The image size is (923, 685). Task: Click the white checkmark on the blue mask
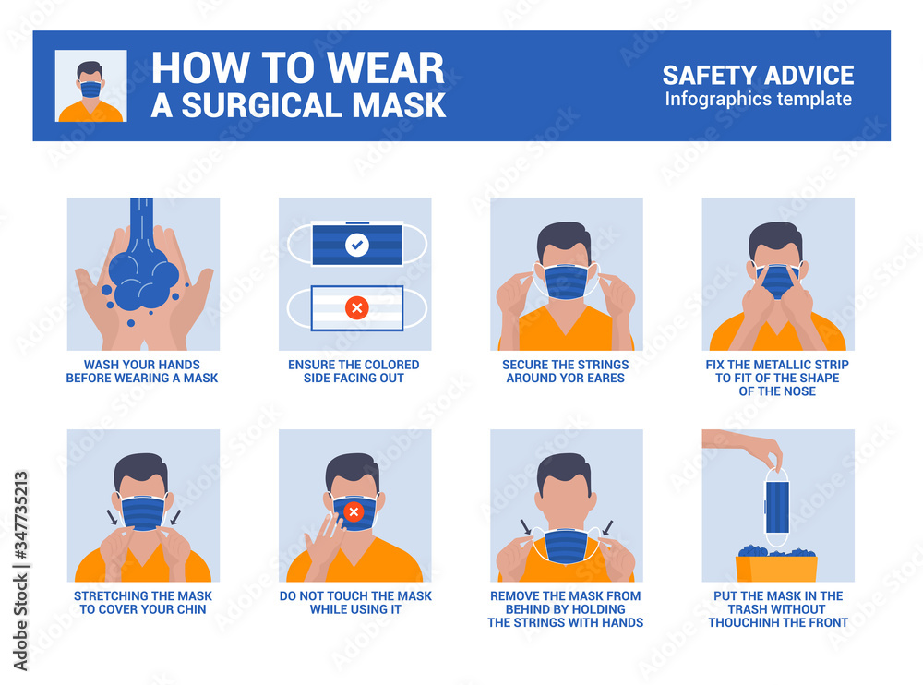point(355,246)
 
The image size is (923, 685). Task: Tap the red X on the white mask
point(355,309)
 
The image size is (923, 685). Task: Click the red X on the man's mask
point(353,512)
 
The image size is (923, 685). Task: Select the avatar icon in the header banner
point(90,86)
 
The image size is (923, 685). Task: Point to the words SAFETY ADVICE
point(758,75)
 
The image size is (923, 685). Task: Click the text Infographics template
point(758,100)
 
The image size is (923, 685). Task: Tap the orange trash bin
point(776,566)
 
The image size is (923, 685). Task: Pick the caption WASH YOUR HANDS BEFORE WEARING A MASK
point(142,371)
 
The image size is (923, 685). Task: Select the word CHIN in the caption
point(190,609)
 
